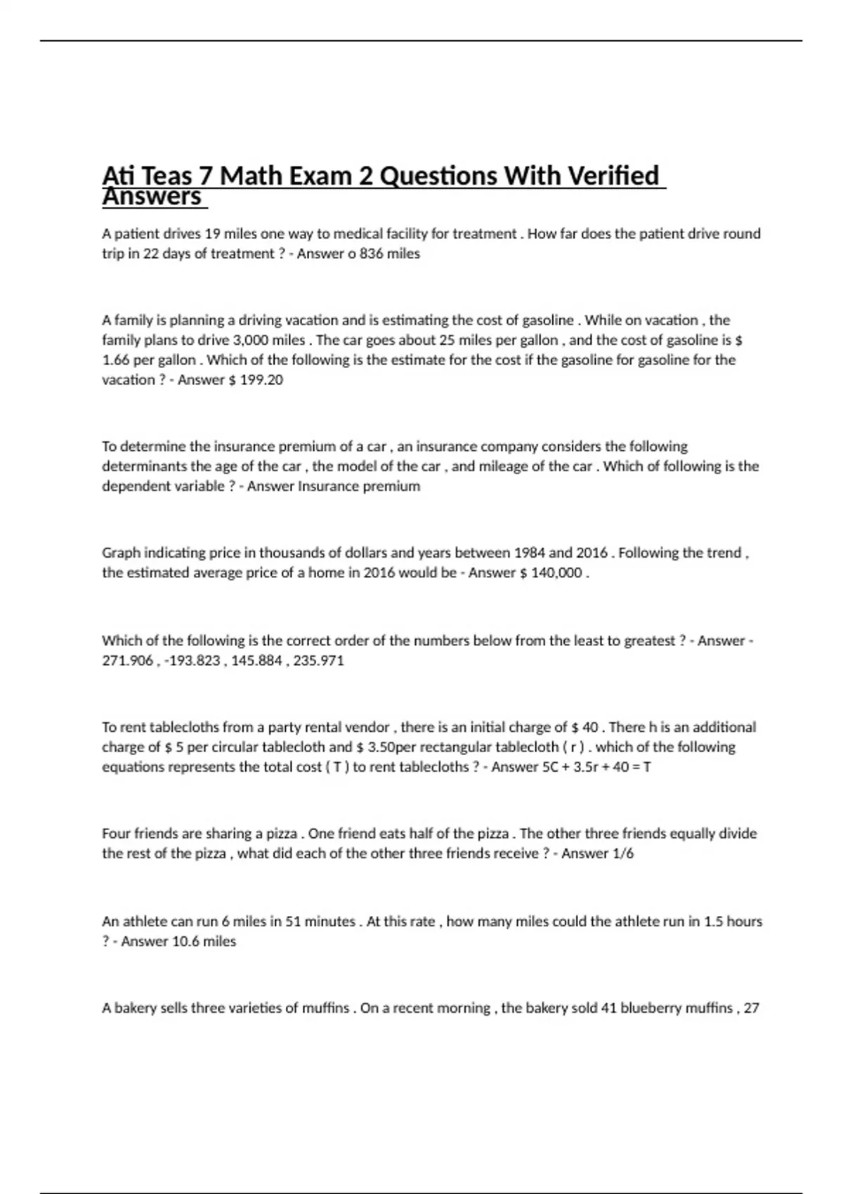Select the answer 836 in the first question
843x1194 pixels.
(372, 254)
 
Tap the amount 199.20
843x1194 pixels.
(261, 380)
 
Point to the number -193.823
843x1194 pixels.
(192, 660)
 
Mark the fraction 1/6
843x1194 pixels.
(623, 853)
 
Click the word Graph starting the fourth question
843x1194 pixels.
(121, 553)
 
